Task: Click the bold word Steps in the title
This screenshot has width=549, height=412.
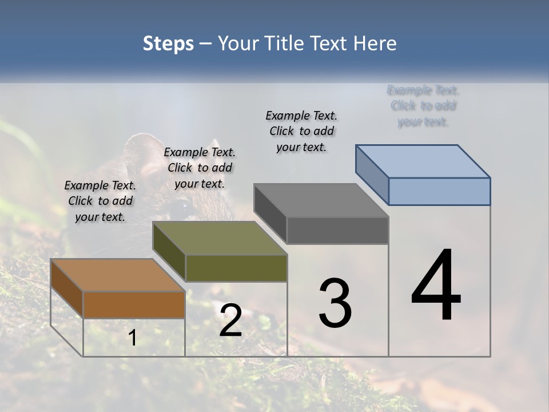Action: click(168, 43)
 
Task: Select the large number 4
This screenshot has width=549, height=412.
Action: click(436, 286)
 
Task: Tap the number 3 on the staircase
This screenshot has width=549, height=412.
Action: click(335, 303)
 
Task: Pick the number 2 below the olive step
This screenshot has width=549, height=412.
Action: click(230, 320)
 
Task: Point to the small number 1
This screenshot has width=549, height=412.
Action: click(132, 338)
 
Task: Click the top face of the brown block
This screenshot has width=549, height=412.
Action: click(117, 275)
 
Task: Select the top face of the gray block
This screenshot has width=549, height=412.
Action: click(321, 200)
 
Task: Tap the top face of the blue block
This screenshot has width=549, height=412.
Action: click(423, 161)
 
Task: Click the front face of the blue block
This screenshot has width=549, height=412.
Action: click(439, 191)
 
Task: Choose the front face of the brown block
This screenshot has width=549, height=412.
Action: click(134, 304)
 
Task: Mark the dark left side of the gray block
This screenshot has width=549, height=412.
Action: click(270, 213)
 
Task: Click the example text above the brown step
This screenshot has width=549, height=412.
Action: click(100, 201)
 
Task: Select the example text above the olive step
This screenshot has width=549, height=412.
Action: click(200, 168)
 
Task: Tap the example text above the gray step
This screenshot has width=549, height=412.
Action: click(301, 131)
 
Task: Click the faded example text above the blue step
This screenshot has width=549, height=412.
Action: click(423, 106)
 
